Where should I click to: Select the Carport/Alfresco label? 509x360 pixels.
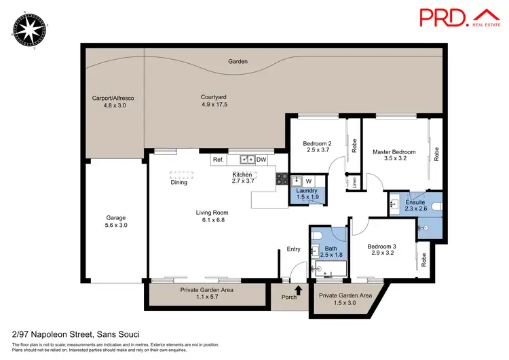tap(113, 102)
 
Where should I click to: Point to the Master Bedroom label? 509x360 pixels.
tap(394, 156)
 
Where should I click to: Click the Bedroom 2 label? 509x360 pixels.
tap(316, 146)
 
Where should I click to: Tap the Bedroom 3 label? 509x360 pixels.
tap(381, 249)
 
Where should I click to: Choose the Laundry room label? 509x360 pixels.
tap(307, 194)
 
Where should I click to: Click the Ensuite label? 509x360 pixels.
tap(415, 206)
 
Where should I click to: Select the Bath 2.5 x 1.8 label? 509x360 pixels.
tap(331, 252)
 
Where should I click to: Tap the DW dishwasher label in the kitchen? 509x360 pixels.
tap(261, 160)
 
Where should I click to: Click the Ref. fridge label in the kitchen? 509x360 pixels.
tap(219, 160)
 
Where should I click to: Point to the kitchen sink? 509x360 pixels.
tap(246, 160)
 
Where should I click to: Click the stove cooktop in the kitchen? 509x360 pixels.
tap(281, 179)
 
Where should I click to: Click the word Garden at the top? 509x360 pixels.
tap(238, 62)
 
